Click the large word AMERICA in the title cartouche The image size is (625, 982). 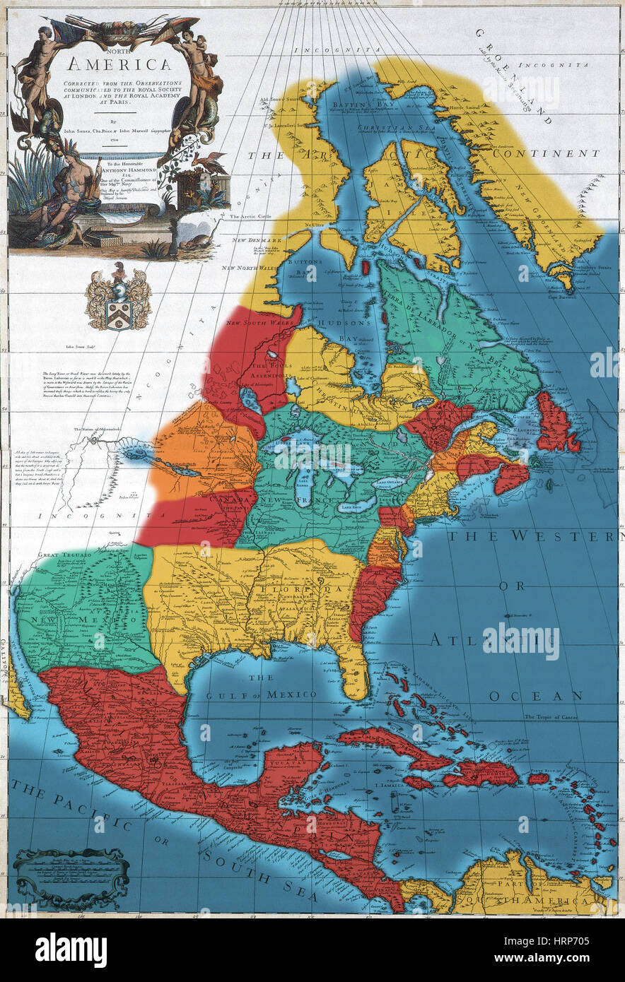[119, 65]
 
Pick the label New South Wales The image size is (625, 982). [254, 323]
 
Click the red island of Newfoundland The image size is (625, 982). [554, 425]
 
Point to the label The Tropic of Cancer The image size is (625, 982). [552, 717]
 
